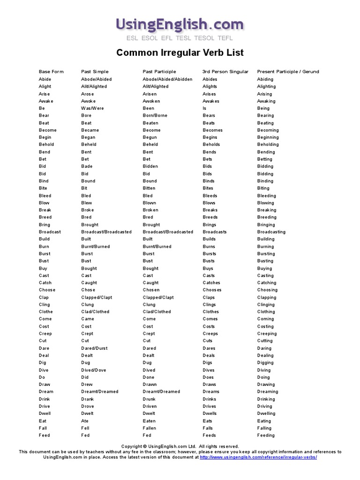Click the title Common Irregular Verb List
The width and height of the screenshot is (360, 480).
[180, 52]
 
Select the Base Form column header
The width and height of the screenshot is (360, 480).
[51, 72]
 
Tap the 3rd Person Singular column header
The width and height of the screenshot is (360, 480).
[225, 72]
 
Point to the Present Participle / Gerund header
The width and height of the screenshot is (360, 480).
[288, 72]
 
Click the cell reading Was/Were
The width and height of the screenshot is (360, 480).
[92, 108]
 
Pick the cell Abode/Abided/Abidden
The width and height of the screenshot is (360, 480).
[167, 79]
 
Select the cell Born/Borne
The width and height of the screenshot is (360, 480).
[155, 115]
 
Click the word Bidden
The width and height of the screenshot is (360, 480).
[150, 166]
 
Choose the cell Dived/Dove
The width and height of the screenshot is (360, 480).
[94, 370]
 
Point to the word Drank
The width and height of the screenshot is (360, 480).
[87, 399]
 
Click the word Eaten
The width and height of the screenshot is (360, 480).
[150, 421]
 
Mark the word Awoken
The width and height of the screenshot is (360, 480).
[151, 101]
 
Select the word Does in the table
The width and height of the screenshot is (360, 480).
[208, 377]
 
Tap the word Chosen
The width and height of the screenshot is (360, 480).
[151, 290]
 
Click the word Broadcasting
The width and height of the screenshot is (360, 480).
[271, 232]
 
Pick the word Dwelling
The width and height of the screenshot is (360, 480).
[266, 413]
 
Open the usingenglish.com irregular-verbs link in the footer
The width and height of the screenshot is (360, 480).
[258, 457]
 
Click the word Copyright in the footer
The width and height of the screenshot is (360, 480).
[131, 446]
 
